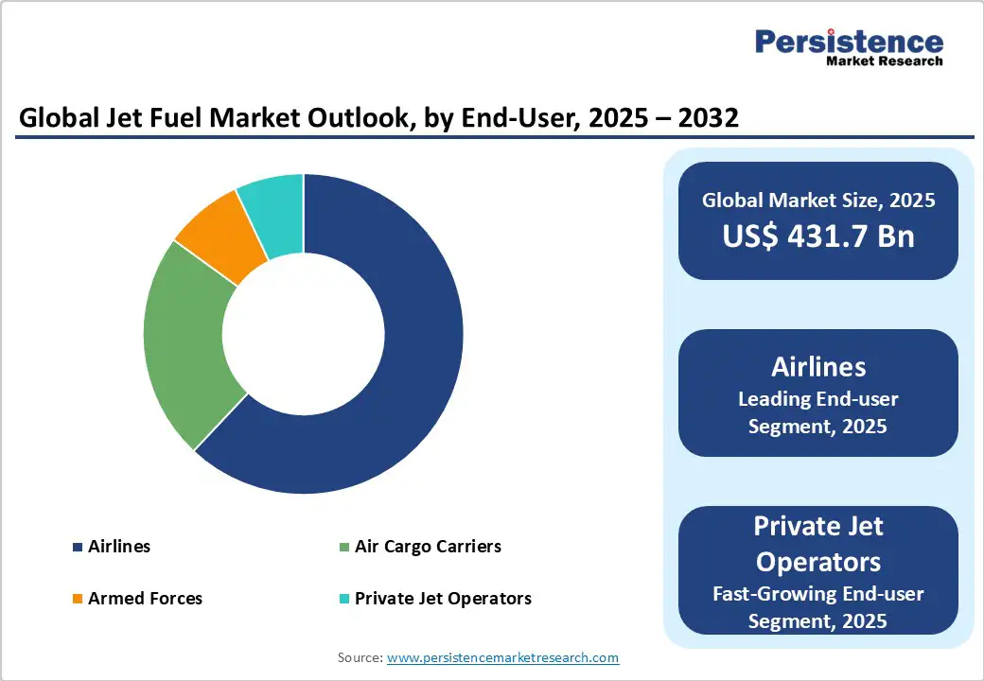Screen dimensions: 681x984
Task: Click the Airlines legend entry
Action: [118, 547]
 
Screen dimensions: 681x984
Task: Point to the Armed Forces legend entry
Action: [145, 598]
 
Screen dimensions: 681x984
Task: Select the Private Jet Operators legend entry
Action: [443, 598]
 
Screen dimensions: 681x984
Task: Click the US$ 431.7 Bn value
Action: [818, 236]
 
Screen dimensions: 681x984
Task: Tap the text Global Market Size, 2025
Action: [818, 201]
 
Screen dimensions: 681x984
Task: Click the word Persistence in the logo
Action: [849, 42]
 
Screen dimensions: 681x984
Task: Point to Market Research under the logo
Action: [885, 61]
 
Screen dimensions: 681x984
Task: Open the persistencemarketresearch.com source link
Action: [502, 657]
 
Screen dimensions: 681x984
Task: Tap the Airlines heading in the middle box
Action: [818, 366]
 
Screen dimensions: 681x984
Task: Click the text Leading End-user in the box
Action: [818, 399]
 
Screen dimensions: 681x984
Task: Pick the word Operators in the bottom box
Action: [818, 561]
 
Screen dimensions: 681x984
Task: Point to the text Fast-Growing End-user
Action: [818, 594]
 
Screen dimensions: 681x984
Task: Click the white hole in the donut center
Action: [304, 334]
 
